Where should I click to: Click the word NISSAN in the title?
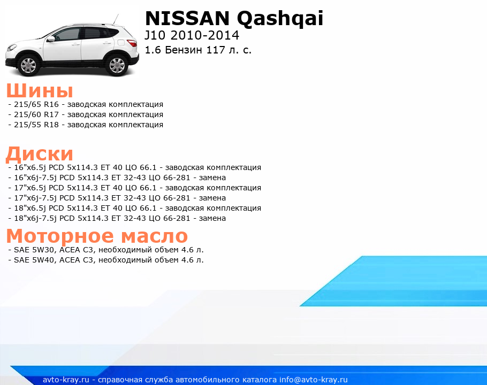[187, 18]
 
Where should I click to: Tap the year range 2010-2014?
[204, 35]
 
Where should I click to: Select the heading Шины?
[40, 90]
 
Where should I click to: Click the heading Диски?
[40, 154]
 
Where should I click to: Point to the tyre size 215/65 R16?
[36, 104]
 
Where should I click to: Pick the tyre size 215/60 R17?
[36, 114]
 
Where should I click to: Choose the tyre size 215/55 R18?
[36, 125]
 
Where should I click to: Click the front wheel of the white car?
[28, 65]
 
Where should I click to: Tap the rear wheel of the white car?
[117, 65]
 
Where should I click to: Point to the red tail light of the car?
[132, 43]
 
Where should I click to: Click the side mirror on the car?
[51, 39]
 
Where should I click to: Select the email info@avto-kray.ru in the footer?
[314, 380]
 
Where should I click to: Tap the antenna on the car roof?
[116, 19]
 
